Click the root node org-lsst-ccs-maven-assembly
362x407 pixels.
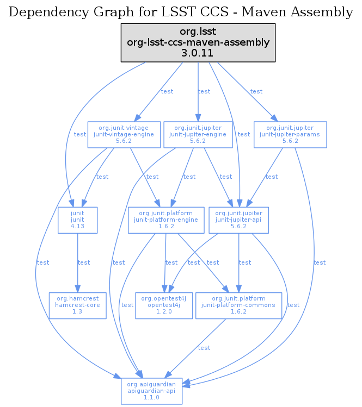tap(198, 42)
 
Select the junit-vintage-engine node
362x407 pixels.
tap(124, 134)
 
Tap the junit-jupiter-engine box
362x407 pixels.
tap(198, 134)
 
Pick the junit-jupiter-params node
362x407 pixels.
tap(290, 134)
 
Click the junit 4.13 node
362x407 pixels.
tap(77, 220)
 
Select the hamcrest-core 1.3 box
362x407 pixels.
tap(77, 305)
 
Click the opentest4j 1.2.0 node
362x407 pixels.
tap(164, 305)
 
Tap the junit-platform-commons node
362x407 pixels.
tap(238, 305)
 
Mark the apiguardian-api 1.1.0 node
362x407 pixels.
tap(151, 391)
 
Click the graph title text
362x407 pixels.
tap(181, 12)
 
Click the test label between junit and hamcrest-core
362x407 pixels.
tap(84, 263)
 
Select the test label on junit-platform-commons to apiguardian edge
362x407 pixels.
tap(204, 348)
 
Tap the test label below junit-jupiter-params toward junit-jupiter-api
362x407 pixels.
tap(272, 177)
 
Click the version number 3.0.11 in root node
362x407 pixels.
tap(198, 53)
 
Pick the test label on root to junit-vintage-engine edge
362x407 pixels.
tap(167, 91)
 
